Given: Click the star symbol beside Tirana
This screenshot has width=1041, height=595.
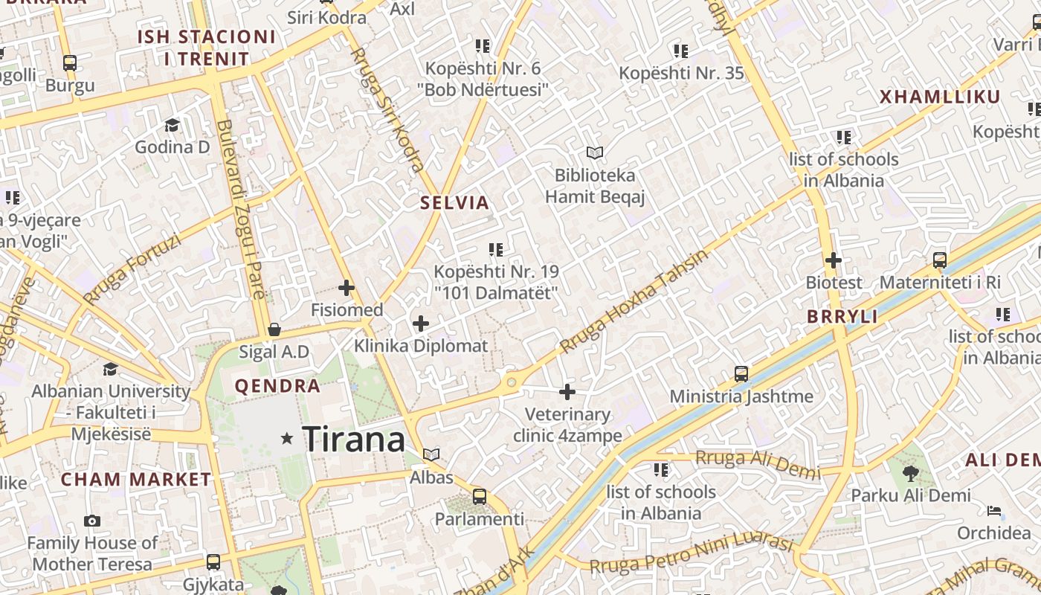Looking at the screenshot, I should [x=287, y=439].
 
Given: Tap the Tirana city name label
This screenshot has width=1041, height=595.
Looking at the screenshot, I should [x=354, y=439].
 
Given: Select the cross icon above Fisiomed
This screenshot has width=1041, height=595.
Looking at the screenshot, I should [x=347, y=288].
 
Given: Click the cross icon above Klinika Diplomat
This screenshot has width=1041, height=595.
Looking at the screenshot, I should [x=421, y=324].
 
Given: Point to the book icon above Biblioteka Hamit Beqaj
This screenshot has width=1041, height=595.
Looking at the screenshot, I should [x=594, y=153].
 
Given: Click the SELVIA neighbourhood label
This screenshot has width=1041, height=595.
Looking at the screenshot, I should [x=454, y=203].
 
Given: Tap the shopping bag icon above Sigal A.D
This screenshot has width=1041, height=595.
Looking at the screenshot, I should [x=274, y=329].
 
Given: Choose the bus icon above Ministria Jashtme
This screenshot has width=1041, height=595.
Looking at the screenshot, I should [x=741, y=374].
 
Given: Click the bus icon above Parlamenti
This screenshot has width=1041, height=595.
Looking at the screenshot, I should [x=480, y=496].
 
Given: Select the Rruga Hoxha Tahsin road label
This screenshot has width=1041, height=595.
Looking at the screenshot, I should [x=634, y=300].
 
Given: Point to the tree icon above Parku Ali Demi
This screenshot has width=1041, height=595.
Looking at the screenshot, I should [x=911, y=473].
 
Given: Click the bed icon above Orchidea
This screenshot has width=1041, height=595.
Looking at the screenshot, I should [x=994, y=511].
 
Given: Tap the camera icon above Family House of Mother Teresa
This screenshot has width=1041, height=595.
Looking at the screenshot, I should [x=92, y=521].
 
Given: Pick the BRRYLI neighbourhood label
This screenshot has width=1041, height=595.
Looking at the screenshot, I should [x=842, y=317].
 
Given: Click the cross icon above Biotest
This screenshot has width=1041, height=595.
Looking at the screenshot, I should [x=834, y=260].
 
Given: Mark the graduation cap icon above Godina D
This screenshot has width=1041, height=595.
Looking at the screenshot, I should [x=173, y=125].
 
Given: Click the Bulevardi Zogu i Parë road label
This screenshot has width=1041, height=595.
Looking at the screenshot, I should [x=238, y=208].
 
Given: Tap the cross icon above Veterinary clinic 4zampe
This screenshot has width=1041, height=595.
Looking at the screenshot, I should [x=567, y=392].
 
